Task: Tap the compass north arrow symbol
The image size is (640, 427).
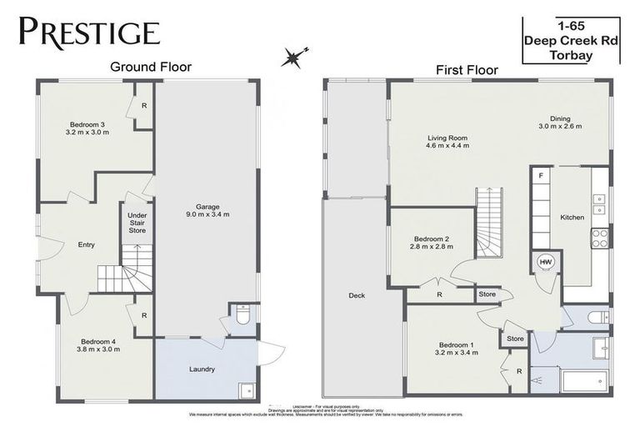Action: (292, 58)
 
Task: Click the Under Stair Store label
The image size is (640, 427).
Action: (137, 223)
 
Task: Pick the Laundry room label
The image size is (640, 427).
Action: (202, 369)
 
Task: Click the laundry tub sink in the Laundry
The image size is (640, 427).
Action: (246, 389)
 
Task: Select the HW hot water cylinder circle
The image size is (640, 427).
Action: (547, 262)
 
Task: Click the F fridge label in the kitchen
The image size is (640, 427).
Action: (541, 177)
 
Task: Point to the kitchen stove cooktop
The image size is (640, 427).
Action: (599, 239)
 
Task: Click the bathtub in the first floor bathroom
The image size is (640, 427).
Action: (587, 382)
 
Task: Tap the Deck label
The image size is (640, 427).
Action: (356, 295)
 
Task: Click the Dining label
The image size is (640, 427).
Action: (559, 118)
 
